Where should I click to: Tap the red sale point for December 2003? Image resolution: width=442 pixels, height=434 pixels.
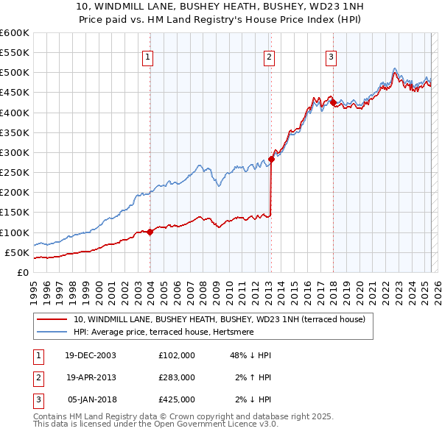[x=150, y=232]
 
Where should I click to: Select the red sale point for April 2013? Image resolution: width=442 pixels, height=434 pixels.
[x=271, y=159]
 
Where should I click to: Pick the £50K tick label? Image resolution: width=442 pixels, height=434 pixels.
[x=17, y=253]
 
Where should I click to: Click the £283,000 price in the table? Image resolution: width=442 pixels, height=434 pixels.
[x=176, y=377]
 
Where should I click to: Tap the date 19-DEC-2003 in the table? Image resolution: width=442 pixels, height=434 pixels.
[x=91, y=355]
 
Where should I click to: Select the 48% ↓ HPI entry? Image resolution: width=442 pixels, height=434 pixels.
[x=250, y=355]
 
